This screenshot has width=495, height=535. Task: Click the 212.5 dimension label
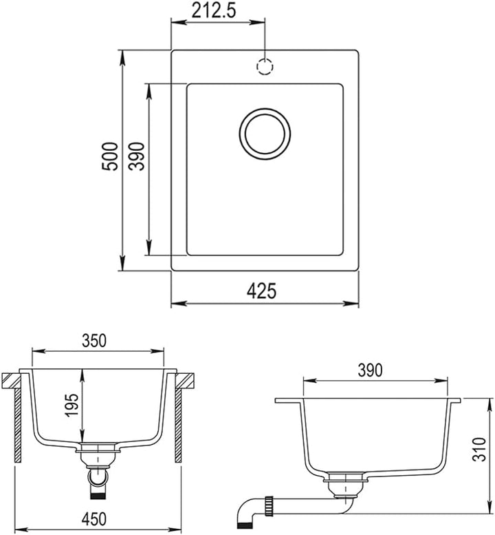[214, 11]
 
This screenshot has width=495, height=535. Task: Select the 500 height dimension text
[111, 156]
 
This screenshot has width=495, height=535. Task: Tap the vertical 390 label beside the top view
[137, 156]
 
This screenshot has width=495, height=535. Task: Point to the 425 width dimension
[261, 291]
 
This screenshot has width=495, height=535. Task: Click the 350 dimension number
[94, 341]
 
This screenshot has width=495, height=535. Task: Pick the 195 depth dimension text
[72, 406]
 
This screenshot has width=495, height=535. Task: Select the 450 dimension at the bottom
[94, 519]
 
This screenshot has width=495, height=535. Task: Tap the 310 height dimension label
[479, 449]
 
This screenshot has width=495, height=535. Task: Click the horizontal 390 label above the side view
[370, 370]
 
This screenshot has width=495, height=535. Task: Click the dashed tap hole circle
[265, 66]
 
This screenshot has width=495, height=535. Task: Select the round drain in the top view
[265, 134]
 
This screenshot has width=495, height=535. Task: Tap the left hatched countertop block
[11, 381]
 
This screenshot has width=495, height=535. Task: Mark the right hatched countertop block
[186, 381]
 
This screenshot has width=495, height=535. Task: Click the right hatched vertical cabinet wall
[179, 426]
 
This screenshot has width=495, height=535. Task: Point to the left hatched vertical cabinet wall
[18, 426]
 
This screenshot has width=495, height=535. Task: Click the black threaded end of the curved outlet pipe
[244, 526]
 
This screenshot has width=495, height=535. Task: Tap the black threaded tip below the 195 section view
[98, 494]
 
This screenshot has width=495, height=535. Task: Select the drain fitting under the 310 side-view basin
[345, 483]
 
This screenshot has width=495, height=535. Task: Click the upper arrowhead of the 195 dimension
[82, 374]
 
